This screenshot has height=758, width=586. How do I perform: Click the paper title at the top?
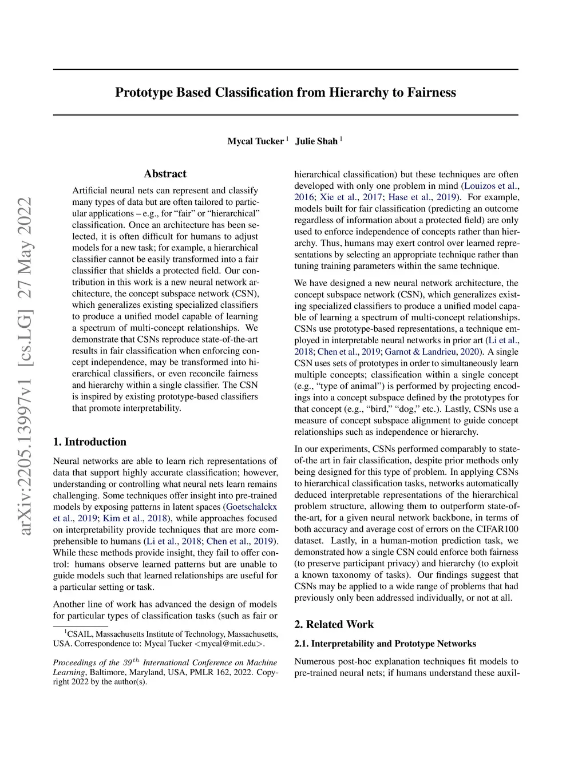click(286, 93)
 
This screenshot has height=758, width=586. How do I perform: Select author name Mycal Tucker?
click(255, 141)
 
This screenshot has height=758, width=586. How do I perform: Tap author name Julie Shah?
click(316, 141)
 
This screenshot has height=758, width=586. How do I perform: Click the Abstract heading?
click(165, 174)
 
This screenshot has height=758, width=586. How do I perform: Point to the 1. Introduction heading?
click(90, 442)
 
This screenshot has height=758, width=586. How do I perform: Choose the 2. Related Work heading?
click(334, 624)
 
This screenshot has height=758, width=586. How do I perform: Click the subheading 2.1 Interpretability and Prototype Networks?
click(385, 644)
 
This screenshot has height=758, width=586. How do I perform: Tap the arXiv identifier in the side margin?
click(25, 366)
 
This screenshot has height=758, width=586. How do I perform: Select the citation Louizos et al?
click(490, 186)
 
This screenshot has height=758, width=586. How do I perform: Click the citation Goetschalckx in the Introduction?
click(251, 507)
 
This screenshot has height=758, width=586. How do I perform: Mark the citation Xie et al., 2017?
click(351, 197)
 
